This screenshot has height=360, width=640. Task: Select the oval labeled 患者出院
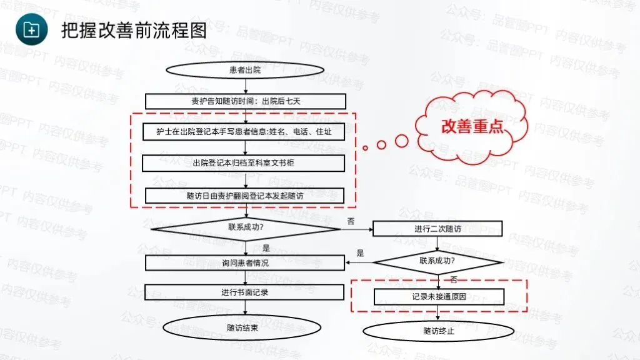pos(245,70)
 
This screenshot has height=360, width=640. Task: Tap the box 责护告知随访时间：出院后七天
pos(246,101)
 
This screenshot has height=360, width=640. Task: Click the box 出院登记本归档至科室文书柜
pos(244,163)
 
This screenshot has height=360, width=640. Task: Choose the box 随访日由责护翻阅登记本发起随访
pos(244,196)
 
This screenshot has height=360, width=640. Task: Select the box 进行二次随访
pos(437,229)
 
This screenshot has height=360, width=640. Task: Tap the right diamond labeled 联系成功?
pos(437,261)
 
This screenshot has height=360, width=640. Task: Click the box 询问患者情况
pos(244,262)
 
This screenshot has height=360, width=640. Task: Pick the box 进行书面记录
pos(244,292)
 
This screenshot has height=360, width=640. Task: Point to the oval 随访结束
pos(242,327)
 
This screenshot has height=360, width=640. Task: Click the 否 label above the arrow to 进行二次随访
pos(351,221)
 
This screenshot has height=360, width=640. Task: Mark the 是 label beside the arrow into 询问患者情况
pos(360,253)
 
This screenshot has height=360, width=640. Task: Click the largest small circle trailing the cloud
pos(402,141)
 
